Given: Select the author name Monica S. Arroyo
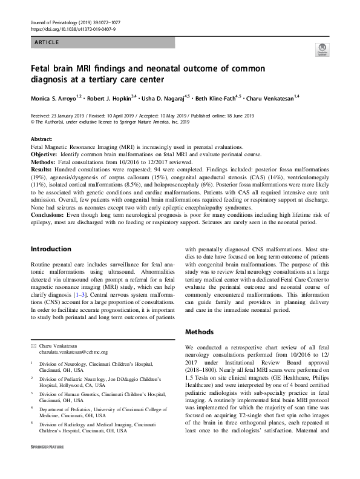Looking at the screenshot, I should tap(57, 97).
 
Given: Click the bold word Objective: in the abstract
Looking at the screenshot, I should tap(47, 154).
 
